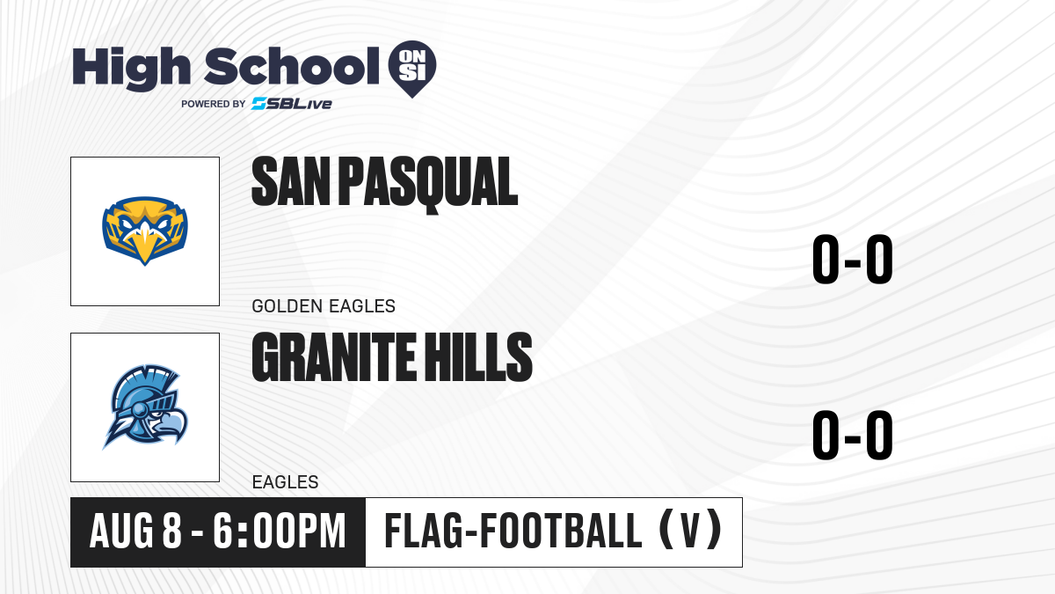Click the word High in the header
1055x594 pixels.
pos(131,69)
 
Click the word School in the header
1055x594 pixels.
pos(292,66)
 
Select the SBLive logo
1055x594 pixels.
pos(292,104)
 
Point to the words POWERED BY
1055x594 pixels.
pos(214,104)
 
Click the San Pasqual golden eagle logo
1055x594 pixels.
pos(145,231)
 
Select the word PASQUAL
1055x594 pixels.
pos(428,184)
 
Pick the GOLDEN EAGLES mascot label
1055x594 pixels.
pos(324,306)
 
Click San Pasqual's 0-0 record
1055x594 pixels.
pos(853,260)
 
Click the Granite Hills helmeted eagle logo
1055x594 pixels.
pos(145,407)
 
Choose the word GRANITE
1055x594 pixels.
pos(334,357)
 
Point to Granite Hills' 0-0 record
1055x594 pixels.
pos(853,435)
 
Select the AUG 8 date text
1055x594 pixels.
pos(135,532)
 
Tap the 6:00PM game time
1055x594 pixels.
pos(280,532)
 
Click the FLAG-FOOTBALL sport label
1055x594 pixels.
pos(513,531)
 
